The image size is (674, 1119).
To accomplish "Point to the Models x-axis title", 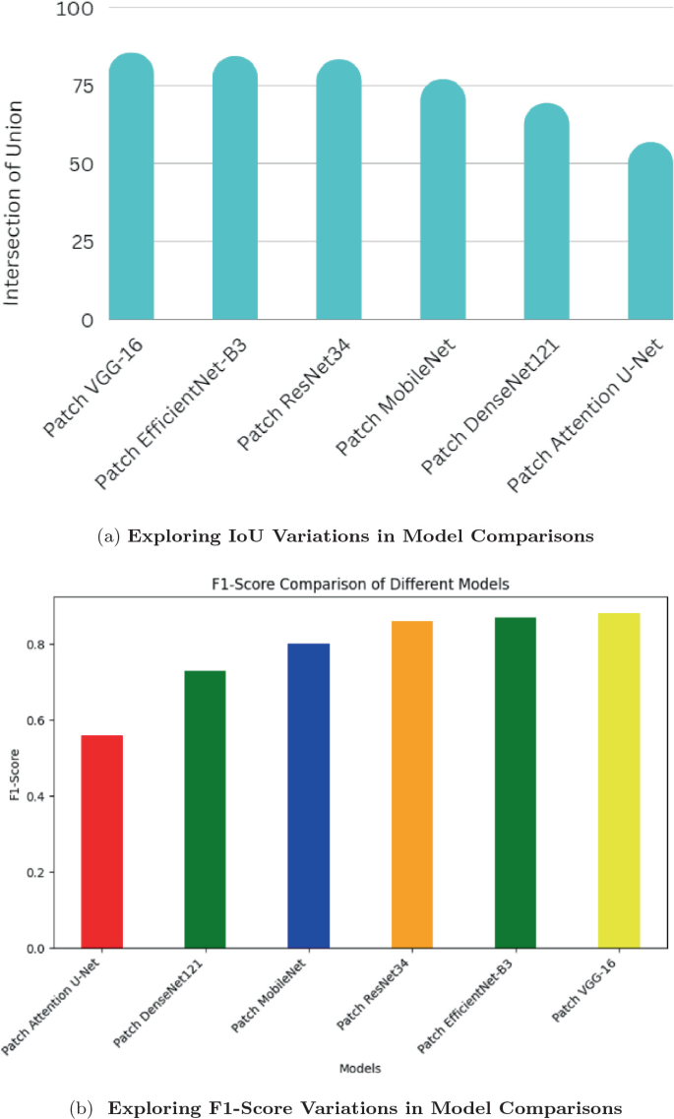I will [359, 1067].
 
